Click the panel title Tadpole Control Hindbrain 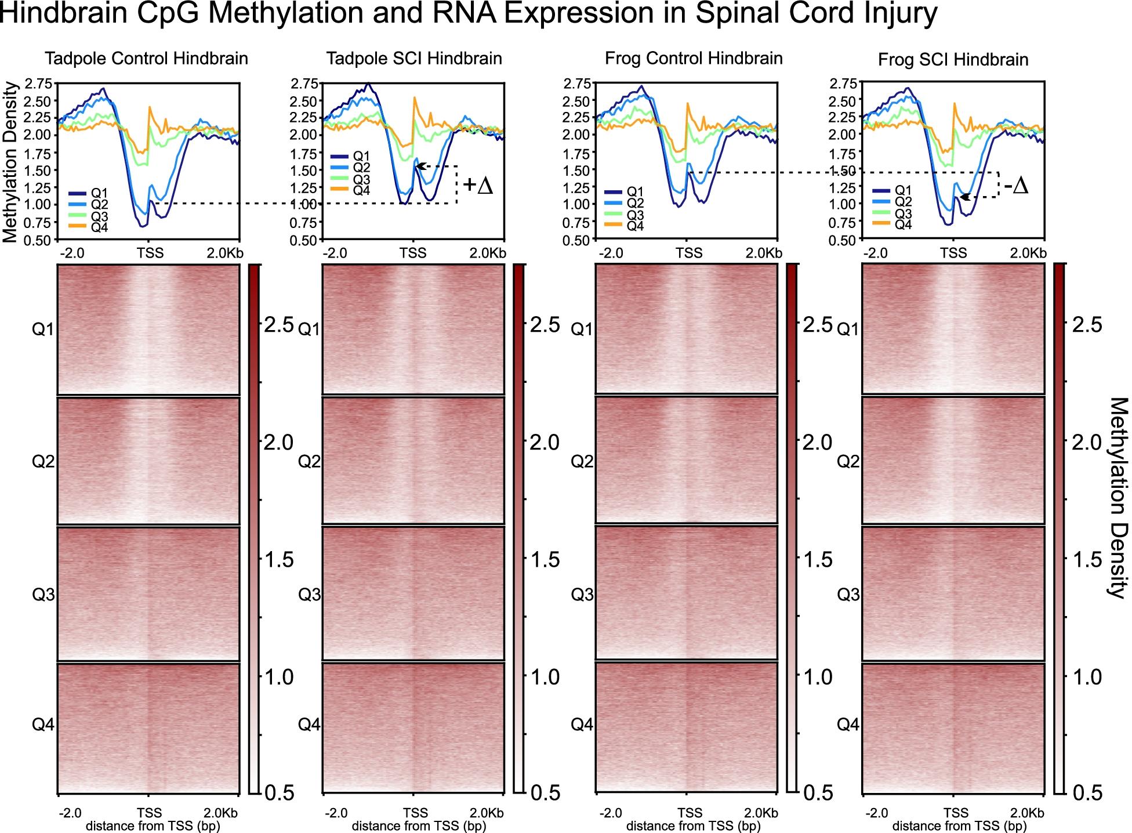click(147, 59)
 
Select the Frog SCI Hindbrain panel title click(953, 60)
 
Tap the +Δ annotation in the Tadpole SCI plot click(478, 186)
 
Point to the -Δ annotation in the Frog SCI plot click(1016, 186)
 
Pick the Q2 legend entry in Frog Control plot click(635, 203)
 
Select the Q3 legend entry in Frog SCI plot click(903, 213)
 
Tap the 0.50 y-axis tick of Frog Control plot click(577, 240)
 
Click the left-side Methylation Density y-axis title click(10, 162)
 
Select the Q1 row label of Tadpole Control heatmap click(43, 329)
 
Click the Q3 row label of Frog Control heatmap click(582, 594)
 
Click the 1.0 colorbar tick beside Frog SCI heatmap click(1087, 677)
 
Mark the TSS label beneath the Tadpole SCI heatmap click(415, 812)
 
